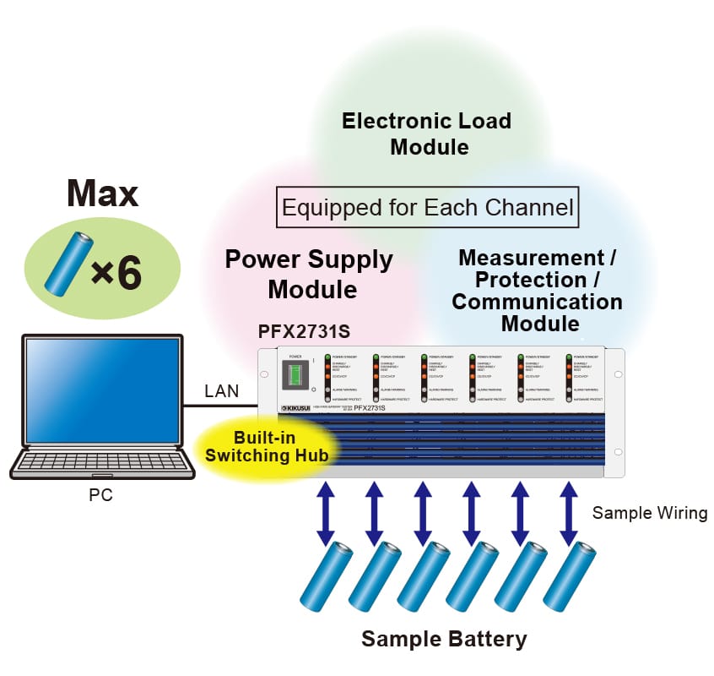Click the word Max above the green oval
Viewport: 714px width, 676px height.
[102, 194]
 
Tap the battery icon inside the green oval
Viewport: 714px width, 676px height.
[69, 265]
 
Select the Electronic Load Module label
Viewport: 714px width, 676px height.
[427, 134]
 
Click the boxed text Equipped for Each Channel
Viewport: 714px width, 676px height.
[428, 207]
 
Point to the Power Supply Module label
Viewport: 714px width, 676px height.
[309, 275]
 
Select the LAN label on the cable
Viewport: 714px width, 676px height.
[222, 391]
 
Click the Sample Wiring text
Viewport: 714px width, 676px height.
[649, 513]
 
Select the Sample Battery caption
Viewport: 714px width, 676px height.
[444, 639]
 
